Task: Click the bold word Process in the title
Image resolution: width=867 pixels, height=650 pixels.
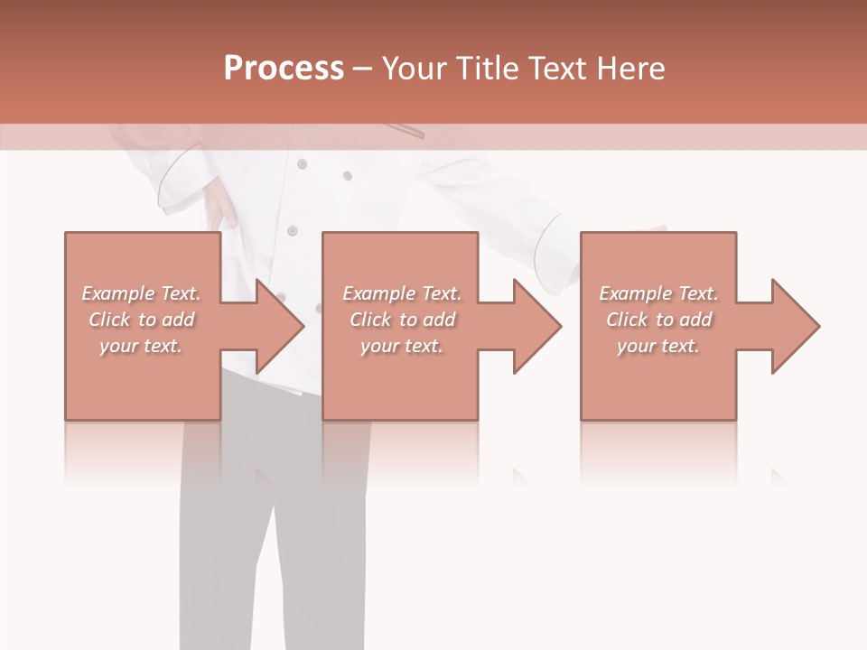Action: pyautogui.click(x=284, y=69)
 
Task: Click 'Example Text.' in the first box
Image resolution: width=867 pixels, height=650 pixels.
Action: pyautogui.click(x=141, y=293)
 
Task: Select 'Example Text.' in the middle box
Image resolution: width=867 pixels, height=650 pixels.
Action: pyautogui.click(x=402, y=293)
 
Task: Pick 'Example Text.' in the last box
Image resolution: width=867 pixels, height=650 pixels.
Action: pyautogui.click(x=658, y=293)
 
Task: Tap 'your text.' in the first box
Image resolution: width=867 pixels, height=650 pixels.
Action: pyautogui.click(x=141, y=346)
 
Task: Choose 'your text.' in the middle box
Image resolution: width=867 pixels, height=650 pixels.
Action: pyautogui.click(x=402, y=346)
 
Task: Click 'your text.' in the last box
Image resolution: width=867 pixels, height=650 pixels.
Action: pyautogui.click(x=658, y=346)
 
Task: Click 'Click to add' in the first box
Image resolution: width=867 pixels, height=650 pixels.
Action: pyautogui.click(x=141, y=320)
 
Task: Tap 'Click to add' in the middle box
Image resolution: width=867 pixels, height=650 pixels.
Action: pyautogui.click(x=402, y=320)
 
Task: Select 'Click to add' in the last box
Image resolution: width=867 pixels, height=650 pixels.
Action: pyautogui.click(x=658, y=320)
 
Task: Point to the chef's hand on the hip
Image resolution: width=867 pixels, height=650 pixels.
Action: pyautogui.click(x=219, y=209)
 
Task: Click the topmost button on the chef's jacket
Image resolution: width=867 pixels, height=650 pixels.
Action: pyautogui.click(x=302, y=163)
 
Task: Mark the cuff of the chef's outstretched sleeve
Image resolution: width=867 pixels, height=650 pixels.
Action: pyautogui.click(x=554, y=244)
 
